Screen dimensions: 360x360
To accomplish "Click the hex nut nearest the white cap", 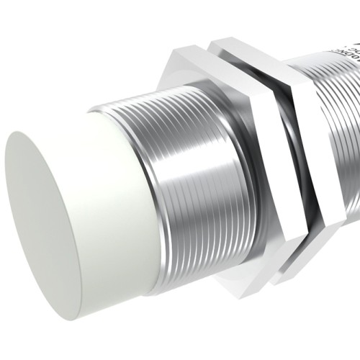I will click(252, 144).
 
